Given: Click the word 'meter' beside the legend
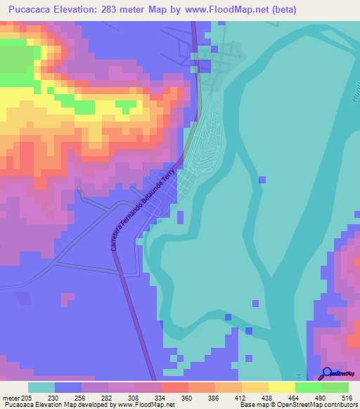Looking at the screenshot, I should point(11,397).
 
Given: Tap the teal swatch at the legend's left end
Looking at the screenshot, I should point(41,387).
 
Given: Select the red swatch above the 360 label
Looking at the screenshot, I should point(174,387).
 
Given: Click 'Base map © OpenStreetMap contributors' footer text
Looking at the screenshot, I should point(298,405).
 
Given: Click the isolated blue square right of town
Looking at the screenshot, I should point(262,180).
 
